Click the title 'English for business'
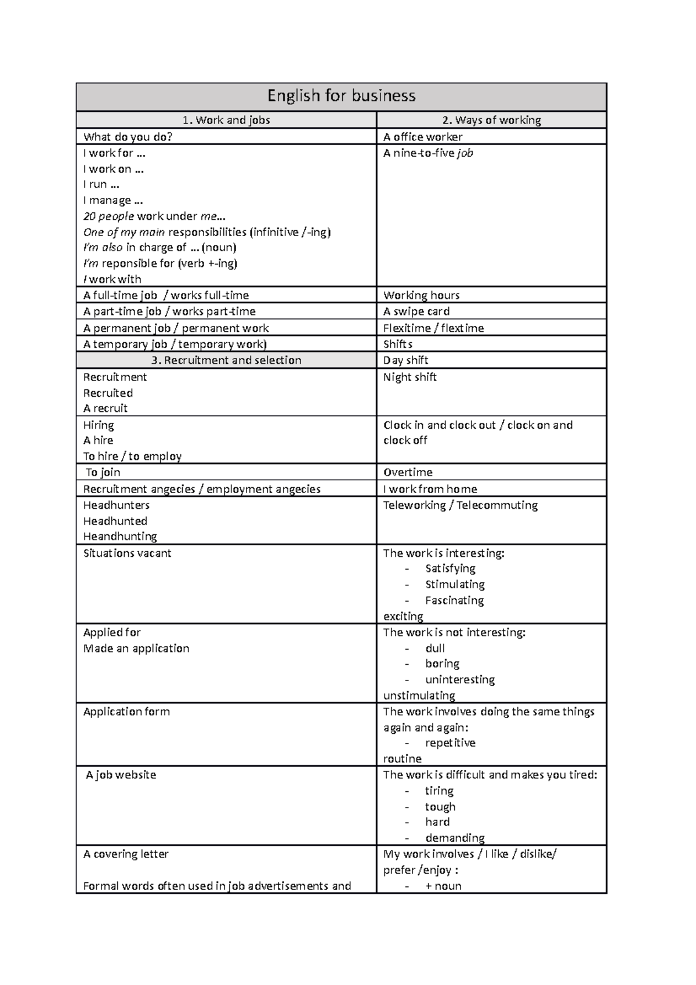341,96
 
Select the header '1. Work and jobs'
226,120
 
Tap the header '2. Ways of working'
491,120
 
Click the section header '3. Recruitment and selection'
226,360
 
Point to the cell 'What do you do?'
128,137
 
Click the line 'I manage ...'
113,201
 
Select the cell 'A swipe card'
416,312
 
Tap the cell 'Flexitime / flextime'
433,328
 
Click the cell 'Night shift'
409,377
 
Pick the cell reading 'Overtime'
408,473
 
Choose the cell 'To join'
103,473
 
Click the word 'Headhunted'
115,521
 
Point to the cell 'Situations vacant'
127,553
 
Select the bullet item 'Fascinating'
454,600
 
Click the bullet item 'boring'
442,664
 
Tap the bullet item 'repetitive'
450,743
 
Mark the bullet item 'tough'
440,807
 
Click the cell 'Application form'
126,712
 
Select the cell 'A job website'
121,775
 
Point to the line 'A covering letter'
125,854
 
